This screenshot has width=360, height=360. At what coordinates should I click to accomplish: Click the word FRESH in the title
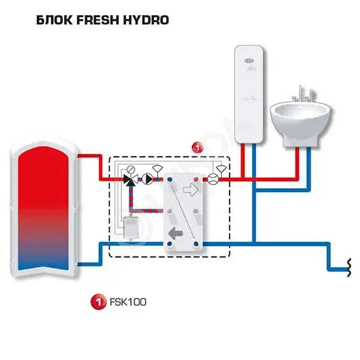pyautogui.click(x=98, y=20)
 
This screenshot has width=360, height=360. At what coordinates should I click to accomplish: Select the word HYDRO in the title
pyautogui.click(x=146, y=20)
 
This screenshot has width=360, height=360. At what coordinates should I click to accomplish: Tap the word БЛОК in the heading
pyautogui.click(x=54, y=20)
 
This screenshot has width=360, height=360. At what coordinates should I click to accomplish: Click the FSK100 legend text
pyautogui.click(x=128, y=302)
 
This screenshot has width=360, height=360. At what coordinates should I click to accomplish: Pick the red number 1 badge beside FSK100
pyautogui.click(x=99, y=302)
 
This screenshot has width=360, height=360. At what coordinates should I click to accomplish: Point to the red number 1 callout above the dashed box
pyautogui.click(x=197, y=147)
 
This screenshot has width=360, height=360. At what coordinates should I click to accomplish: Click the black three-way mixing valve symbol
pyautogui.click(x=130, y=180)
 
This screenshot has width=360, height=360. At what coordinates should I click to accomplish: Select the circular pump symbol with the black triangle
pyautogui.click(x=147, y=179)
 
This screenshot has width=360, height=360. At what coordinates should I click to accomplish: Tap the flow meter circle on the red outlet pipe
pyautogui.click(x=213, y=179)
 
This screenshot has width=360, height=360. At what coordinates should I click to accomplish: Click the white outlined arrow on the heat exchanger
pyautogui.click(x=191, y=189)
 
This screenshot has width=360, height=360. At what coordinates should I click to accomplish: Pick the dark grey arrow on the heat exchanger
pyautogui.click(x=175, y=233)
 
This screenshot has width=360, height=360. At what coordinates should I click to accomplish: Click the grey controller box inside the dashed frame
pyautogui.click(x=131, y=227)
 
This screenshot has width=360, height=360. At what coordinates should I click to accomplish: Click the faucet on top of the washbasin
pyautogui.click(x=304, y=94)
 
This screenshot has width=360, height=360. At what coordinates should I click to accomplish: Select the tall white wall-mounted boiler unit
pyautogui.click(x=249, y=94)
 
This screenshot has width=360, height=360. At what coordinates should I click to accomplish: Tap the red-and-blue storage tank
pyautogui.click(x=43, y=209)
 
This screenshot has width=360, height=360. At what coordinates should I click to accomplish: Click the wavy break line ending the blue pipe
pyautogui.click(x=349, y=267)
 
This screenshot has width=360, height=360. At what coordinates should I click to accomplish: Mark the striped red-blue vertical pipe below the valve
pyautogui.click(x=131, y=198)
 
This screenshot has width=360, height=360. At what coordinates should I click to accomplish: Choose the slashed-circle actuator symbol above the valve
pyautogui.click(x=131, y=170)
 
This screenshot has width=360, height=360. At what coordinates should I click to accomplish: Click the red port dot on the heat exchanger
pyautogui.click(x=196, y=179)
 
